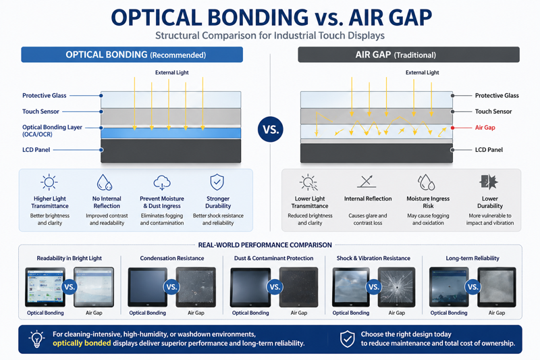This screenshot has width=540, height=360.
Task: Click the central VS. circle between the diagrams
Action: click(x=270, y=128)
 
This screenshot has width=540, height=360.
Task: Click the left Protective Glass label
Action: click(x=45, y=96)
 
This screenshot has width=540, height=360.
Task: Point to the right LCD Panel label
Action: click(x=492, y=149)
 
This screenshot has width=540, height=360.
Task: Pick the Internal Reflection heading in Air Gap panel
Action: click(x=369, y=199)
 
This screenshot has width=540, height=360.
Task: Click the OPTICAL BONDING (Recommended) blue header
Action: click(x=137, y=55)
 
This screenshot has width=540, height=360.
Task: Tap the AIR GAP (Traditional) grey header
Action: click(x=408, y=55)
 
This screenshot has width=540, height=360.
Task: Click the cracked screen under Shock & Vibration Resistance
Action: click(x=396, y=287)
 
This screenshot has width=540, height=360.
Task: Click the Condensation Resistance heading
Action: click(x=171, y=258)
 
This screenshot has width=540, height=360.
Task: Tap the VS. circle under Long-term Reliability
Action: click(x=473, y=287)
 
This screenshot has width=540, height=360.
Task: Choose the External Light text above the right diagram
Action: click(x=422, y=72)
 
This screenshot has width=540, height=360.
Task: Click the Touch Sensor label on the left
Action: click(x=40, y=111)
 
